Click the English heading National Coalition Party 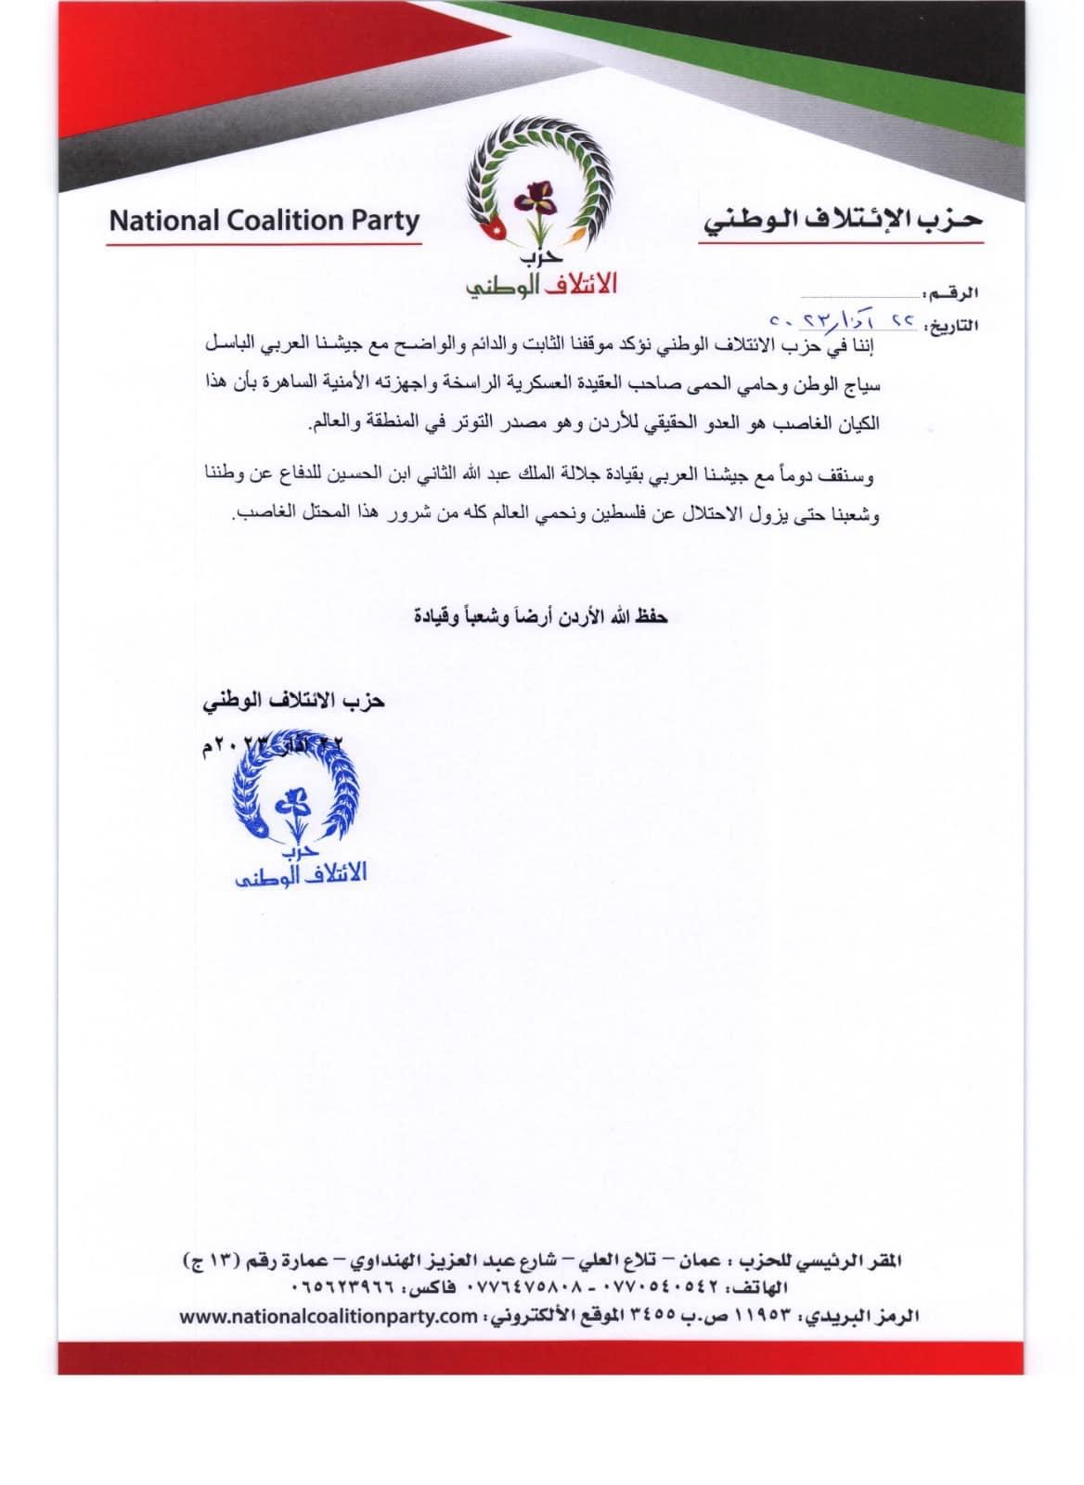pyautogui.click(x=265, y=222)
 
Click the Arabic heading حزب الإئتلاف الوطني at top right pyautogui.click(x=841, y=221)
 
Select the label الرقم pyautogui.click(x=954, y=293)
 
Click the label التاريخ pyautogui.click(x=948, y=325)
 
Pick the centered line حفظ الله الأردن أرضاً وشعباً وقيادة pyautogui.click(x=541, y=616)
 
